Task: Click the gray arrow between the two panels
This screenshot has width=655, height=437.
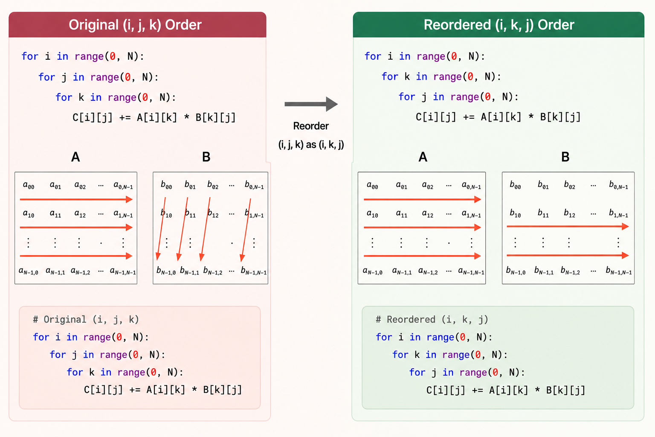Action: pos(311,104)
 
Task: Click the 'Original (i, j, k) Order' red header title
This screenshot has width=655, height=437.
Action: pos(135,25)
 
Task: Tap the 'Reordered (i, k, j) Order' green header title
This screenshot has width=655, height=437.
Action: pos(499,25)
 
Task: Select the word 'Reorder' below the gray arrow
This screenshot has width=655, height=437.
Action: pos(311,126)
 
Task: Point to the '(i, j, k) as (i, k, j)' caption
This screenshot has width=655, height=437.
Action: pos(311,145)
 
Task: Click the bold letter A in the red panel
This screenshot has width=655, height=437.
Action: pos(75,157)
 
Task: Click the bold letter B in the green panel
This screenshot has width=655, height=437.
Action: pos(565,157)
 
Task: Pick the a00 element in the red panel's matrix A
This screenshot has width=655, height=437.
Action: pos(29,185)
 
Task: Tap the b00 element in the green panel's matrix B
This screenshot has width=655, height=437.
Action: pos(515,185)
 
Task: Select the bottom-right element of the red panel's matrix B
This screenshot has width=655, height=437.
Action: pos(254,271)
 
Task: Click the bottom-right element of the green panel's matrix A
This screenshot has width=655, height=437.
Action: pos(471,271)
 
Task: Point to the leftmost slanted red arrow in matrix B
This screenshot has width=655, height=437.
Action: pos(162,229)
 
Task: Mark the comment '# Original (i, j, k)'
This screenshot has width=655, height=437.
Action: pos(86,319)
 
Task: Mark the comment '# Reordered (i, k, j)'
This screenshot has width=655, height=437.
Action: pos(432,319)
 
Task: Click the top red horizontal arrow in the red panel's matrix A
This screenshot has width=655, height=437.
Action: pos(76,200)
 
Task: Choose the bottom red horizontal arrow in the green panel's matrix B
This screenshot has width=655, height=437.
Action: pos(568,255)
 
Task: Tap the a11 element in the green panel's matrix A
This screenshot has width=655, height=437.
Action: pos(401,214)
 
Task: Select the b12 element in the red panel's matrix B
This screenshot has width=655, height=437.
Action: pos(213,213)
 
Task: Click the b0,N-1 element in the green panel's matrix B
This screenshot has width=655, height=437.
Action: pos(618,185)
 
